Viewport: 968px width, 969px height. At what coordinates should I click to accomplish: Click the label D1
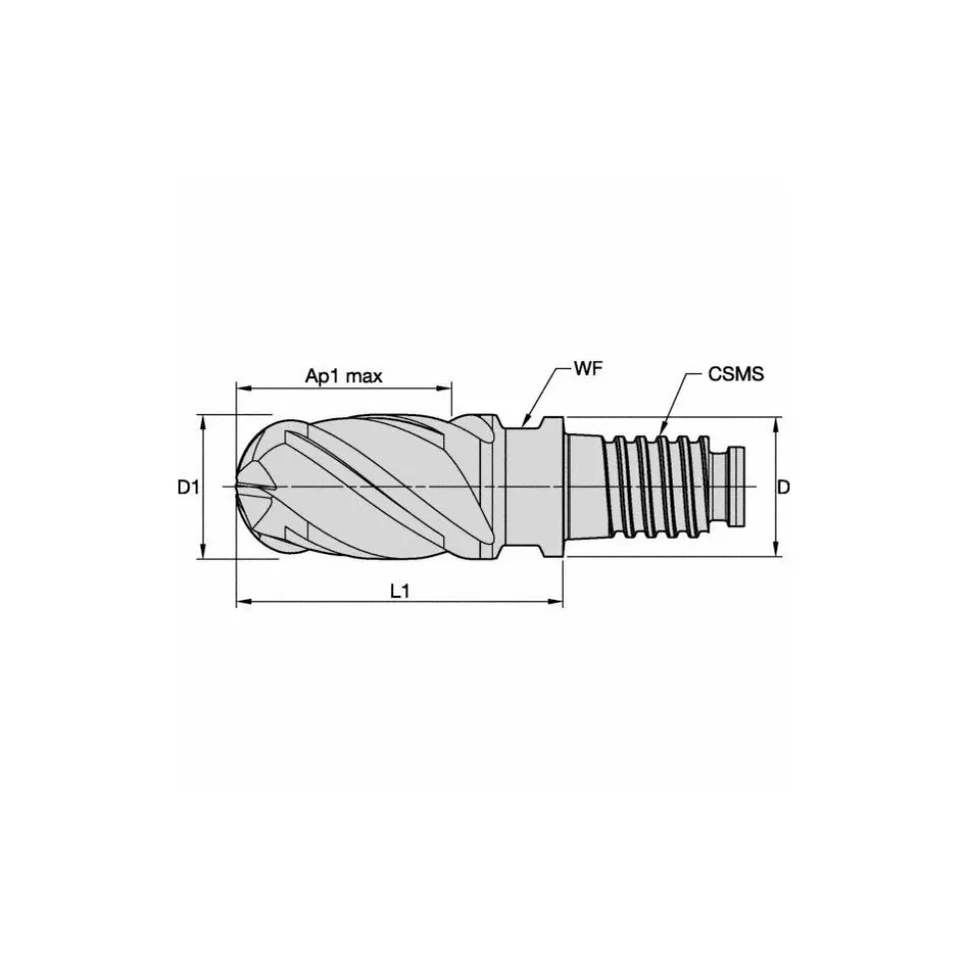tap(188, 488)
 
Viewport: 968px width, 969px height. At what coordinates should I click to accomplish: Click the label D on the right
tap(783, 488)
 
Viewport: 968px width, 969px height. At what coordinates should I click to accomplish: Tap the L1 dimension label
tap(400, 592)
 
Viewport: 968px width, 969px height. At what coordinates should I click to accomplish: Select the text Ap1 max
tap(343, 376)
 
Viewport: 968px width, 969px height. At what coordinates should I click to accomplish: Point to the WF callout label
tap(588, 370)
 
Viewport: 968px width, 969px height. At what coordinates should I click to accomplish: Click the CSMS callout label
tap(735, 374)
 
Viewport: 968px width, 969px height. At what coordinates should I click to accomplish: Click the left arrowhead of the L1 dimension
tap(243, 600)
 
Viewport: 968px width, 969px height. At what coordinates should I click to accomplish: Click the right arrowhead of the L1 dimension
tap(556, 600)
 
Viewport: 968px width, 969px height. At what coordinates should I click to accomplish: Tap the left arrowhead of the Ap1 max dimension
tap(242, 388)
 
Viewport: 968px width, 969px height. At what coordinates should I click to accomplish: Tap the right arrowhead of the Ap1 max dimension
tap(445, 388)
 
